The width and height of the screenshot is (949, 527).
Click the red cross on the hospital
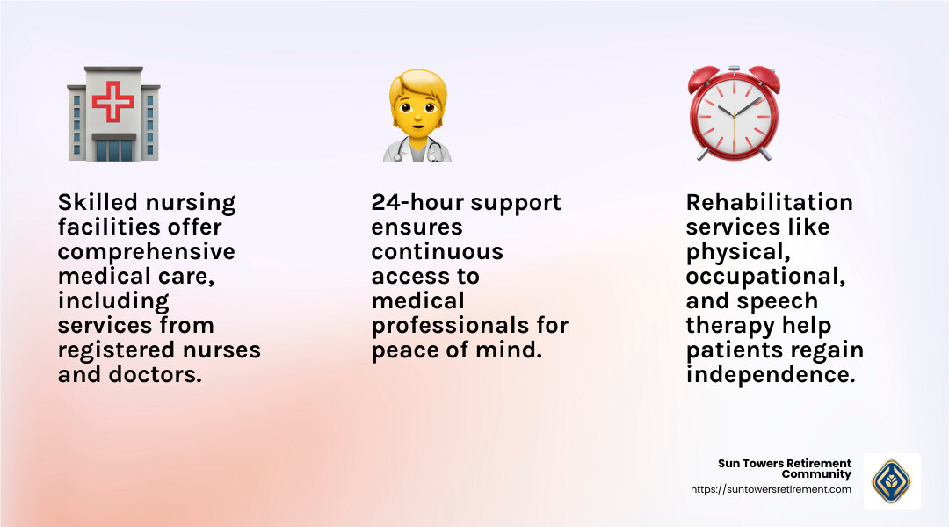tap(113, 102)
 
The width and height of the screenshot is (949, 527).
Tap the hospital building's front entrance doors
tap(113, 150)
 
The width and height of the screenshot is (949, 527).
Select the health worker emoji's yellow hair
tap(417, 88)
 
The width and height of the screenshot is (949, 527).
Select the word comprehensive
tap(146, 252)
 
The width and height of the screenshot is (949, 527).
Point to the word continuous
tap(437, 252)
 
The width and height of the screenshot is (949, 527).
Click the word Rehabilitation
tap(769, 203)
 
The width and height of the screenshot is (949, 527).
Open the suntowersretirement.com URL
tap(771, 489)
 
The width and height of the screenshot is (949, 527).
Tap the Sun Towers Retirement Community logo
tap(891, 481)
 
